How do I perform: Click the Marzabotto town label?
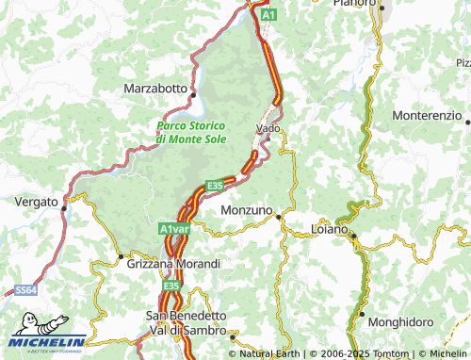tap(155, 88)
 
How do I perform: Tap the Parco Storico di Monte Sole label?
tap(195, 132)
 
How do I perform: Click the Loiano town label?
tap(330, 228)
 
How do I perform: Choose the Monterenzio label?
tap(427, 115)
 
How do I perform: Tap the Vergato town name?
tap(36, 202)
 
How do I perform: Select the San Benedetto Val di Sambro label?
tap(186, 323)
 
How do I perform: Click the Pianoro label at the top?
tap(354, 4)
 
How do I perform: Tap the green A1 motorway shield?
tap(269, 16)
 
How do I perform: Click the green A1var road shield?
tap(174, 229)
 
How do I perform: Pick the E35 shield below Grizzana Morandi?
tap(171, 286)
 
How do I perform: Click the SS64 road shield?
tap(25, 293)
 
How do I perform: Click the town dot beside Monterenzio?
tap(467, 121)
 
